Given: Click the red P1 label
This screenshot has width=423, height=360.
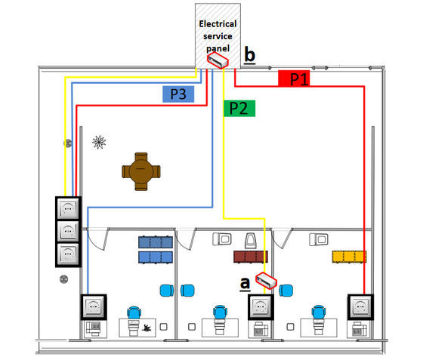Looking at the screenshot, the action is point(294,78).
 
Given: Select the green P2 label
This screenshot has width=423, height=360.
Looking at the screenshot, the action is point(239,109).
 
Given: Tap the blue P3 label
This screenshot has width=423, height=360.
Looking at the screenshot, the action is point(178,94).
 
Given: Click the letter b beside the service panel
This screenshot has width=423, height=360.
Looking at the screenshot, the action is point(249,55).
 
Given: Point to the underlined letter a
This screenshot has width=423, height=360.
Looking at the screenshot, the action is point(245,284).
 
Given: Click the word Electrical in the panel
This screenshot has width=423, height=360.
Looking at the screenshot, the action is point(218,24).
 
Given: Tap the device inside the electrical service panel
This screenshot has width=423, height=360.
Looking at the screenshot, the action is point(218,60).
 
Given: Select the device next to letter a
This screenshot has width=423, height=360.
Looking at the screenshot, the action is point(266,281).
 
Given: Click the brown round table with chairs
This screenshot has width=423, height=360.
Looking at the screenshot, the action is point(141,171).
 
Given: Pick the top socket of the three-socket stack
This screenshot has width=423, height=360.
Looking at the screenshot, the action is point(68,208).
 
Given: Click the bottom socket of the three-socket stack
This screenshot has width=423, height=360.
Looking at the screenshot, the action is point(68,254).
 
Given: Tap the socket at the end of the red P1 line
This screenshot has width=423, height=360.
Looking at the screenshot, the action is point(360,307).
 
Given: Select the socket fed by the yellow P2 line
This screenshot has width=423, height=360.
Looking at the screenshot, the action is point(261,307).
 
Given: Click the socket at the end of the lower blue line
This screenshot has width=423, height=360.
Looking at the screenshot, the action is point(94,307).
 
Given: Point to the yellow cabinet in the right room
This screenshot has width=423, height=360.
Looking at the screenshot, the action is point(349,257).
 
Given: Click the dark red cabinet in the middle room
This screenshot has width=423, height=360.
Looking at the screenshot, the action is point(251,257).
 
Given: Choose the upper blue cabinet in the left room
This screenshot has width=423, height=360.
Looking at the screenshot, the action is point(156,242).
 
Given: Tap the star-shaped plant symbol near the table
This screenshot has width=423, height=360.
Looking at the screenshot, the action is point(99,142).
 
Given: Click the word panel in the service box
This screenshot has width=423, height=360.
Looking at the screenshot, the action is point(218,48).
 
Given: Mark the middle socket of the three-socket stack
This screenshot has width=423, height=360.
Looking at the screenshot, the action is point(68,232).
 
